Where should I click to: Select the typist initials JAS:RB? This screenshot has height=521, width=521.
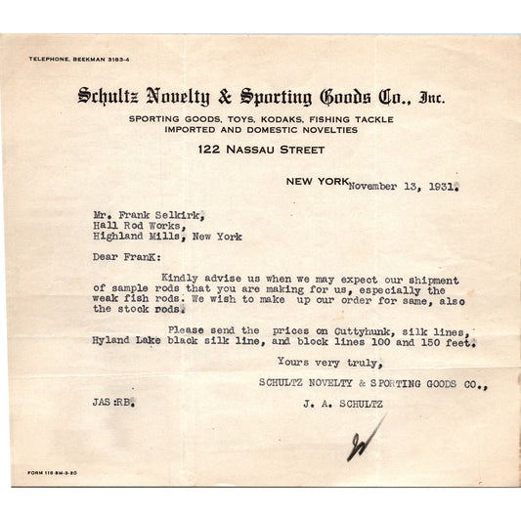pyautogui.click(x=110, y=401)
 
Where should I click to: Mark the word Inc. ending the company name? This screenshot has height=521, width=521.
pyautogui.click(x=431, y=96)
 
